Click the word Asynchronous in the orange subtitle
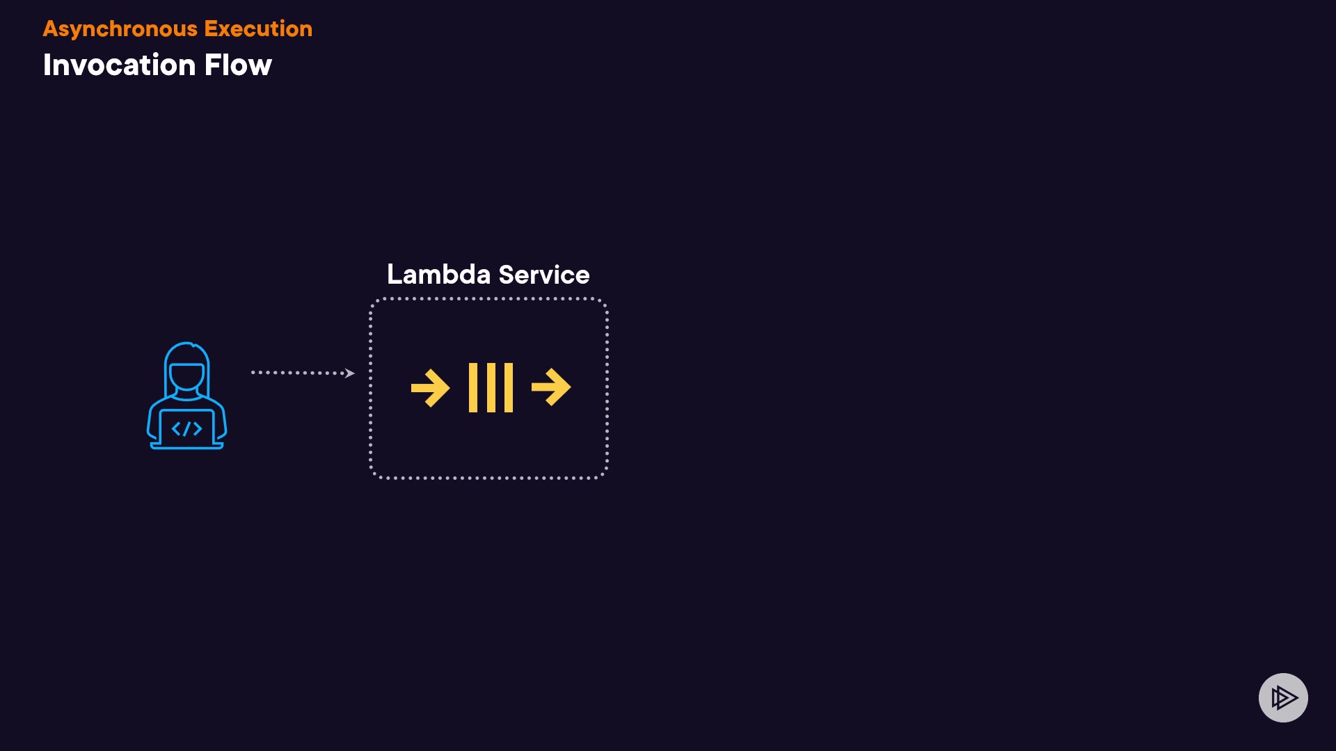(120, 29)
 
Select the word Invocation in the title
(119, 65)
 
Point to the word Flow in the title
(238, 65)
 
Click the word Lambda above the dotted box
(439, 274)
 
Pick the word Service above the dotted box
(544, 274)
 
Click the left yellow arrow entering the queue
(430, 387)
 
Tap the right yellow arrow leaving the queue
(551, 387)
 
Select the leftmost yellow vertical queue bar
(473, 387)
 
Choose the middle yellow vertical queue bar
(491, 387)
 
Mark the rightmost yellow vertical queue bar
(509, 387)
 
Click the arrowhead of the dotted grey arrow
(350, 373)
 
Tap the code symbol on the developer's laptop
(186, 428)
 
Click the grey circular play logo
(1283, 697)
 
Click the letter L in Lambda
(394, 274)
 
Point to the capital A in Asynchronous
(50, 29)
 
